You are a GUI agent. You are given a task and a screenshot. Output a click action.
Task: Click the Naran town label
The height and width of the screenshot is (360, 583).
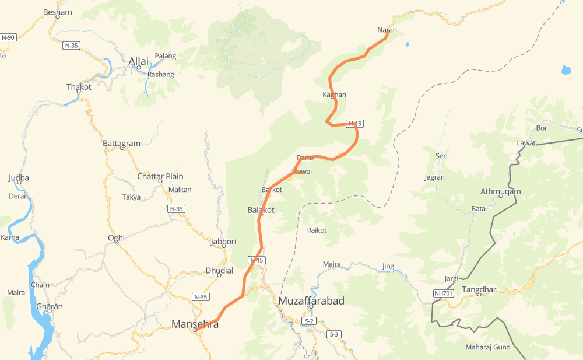[387, 30]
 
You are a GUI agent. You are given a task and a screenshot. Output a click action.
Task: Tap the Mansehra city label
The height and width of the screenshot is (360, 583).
[195, 324]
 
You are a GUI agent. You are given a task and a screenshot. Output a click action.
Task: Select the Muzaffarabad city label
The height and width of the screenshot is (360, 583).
[311, 301]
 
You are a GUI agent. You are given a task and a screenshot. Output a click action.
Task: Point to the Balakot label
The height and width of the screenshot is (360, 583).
[261, 209]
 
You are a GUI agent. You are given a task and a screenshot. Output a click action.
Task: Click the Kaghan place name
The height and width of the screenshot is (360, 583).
[334, 95]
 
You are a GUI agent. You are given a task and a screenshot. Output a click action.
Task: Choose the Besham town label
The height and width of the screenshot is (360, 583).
[58, 12]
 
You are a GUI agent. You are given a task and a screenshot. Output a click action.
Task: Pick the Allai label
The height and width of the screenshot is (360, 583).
[139, 61]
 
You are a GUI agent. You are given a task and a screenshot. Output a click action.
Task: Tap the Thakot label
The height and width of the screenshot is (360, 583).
[79, 87]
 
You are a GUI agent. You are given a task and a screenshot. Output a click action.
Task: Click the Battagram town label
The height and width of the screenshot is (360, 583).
[121, 143]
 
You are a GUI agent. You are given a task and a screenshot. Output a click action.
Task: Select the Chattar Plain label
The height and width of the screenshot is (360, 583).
[160, 176]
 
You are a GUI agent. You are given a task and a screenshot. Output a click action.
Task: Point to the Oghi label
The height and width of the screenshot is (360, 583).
[116, 237]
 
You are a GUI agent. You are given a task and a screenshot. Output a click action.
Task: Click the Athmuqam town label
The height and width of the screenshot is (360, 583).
[500, 191]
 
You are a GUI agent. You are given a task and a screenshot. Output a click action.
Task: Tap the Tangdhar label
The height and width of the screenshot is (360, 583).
[479, 289]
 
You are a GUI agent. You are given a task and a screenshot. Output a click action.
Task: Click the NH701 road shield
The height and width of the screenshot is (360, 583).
[444, 293]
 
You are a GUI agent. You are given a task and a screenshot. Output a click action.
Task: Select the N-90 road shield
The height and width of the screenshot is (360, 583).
[8, 37]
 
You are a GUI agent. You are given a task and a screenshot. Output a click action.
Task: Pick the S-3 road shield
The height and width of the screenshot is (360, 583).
[333, 334]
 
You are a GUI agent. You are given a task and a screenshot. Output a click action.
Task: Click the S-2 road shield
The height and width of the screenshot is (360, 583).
[309, 321]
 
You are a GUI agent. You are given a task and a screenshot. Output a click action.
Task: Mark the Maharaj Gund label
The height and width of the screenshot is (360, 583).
[487, 347]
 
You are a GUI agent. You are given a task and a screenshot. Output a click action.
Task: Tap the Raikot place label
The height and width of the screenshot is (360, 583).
[317, 230]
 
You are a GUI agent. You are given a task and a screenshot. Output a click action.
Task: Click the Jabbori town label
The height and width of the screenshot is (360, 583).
[224, 242]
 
